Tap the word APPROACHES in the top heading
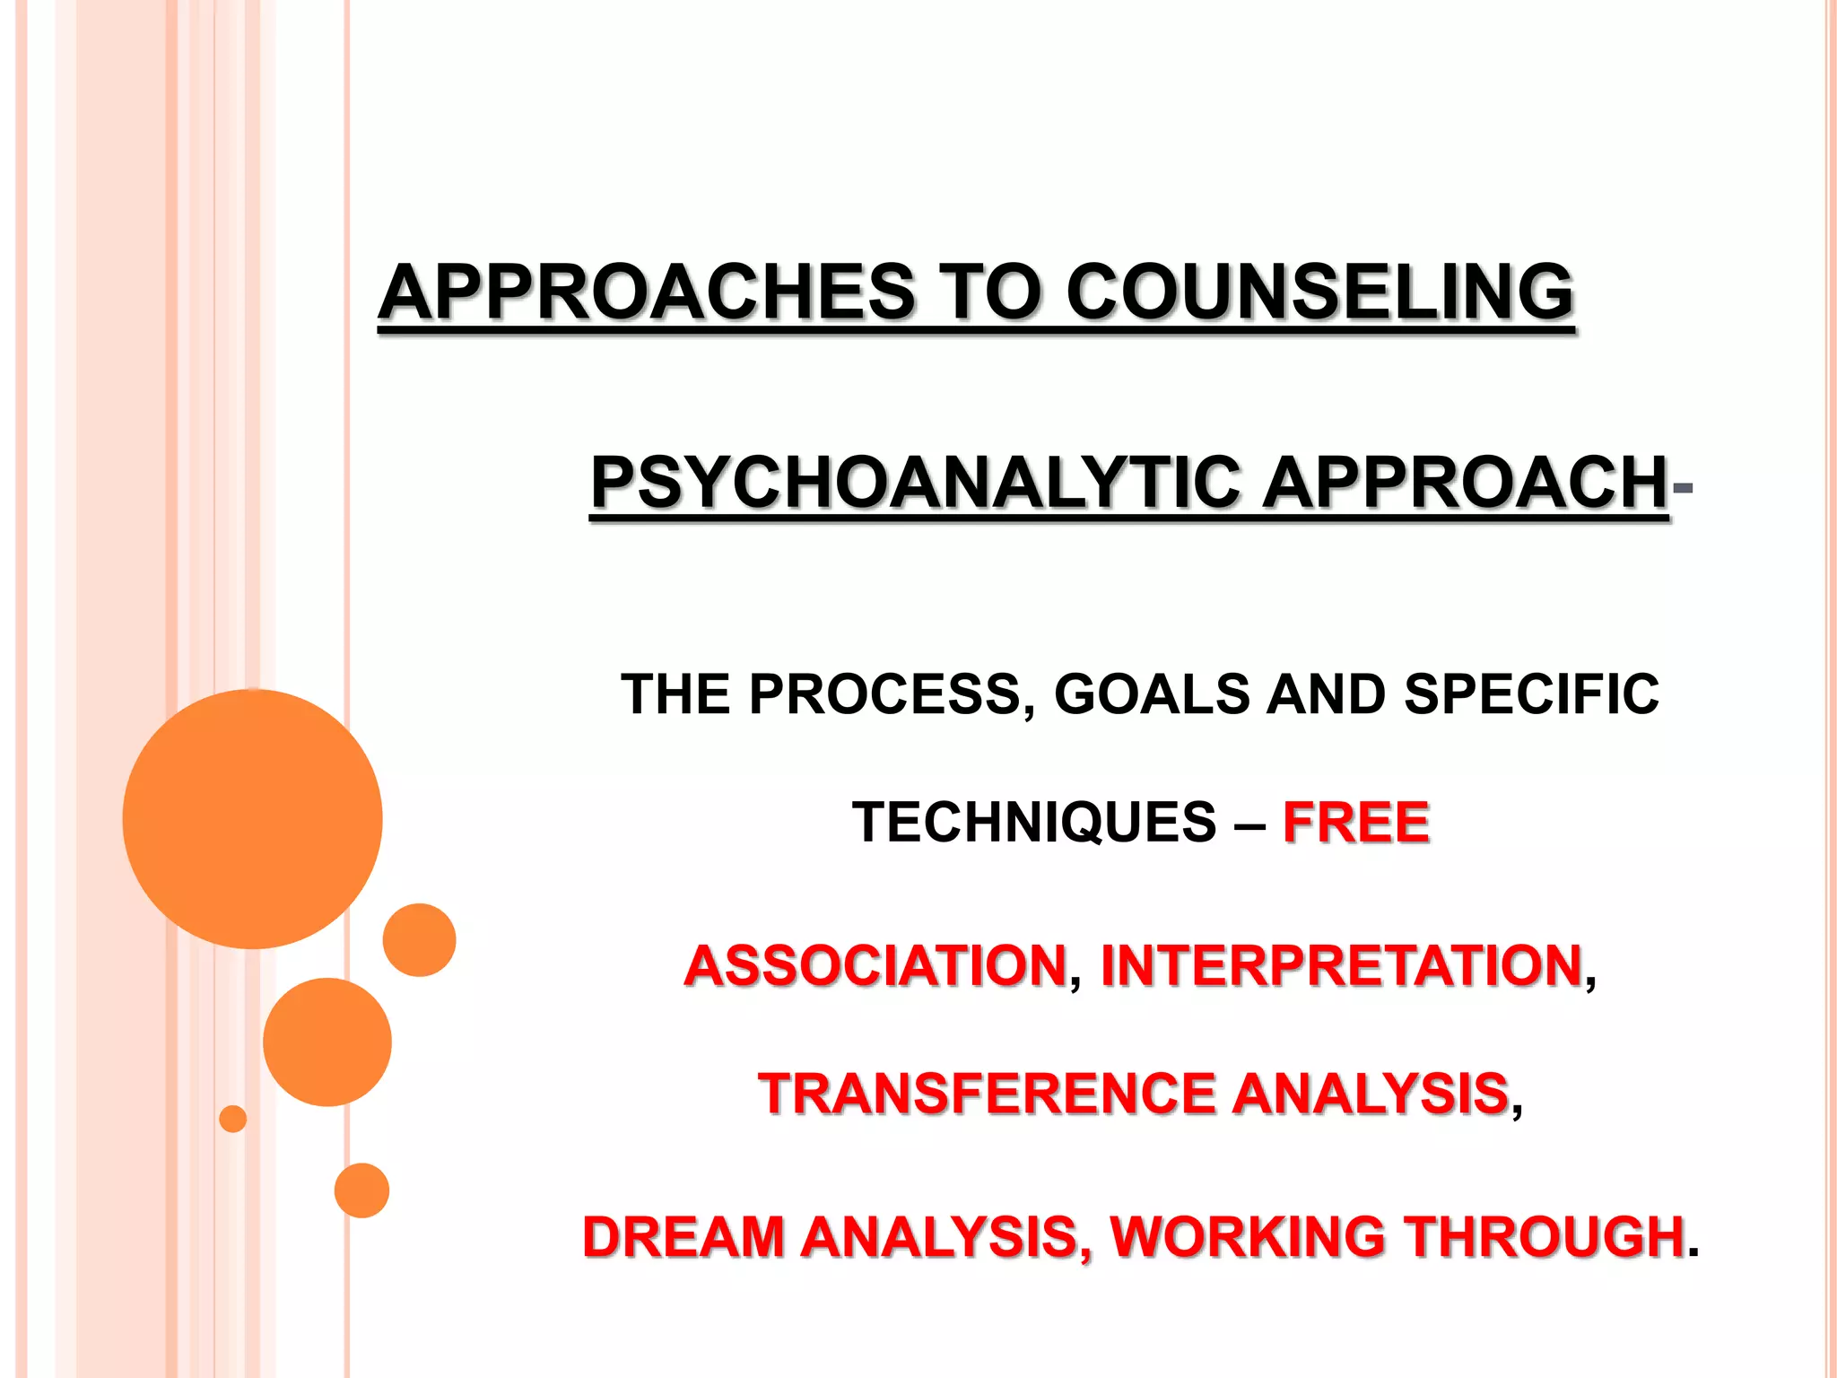coord(646,292)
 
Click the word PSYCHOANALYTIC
coord(915,483)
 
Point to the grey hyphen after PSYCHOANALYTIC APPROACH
coord(1683,487)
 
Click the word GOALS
coord(1152,694)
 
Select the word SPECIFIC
coord(1531,694)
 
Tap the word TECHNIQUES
coord(1033,822)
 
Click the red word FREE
coord(1356,822)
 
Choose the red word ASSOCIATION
coord(875,965)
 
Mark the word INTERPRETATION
coord(1341,965)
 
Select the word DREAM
coord(683,1236)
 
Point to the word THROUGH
coord(1544,1236)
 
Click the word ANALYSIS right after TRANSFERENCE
coord(1370,1094)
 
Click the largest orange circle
coord(252,818)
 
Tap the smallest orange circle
coord(232,1119)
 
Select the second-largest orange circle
coord(327,1042)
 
